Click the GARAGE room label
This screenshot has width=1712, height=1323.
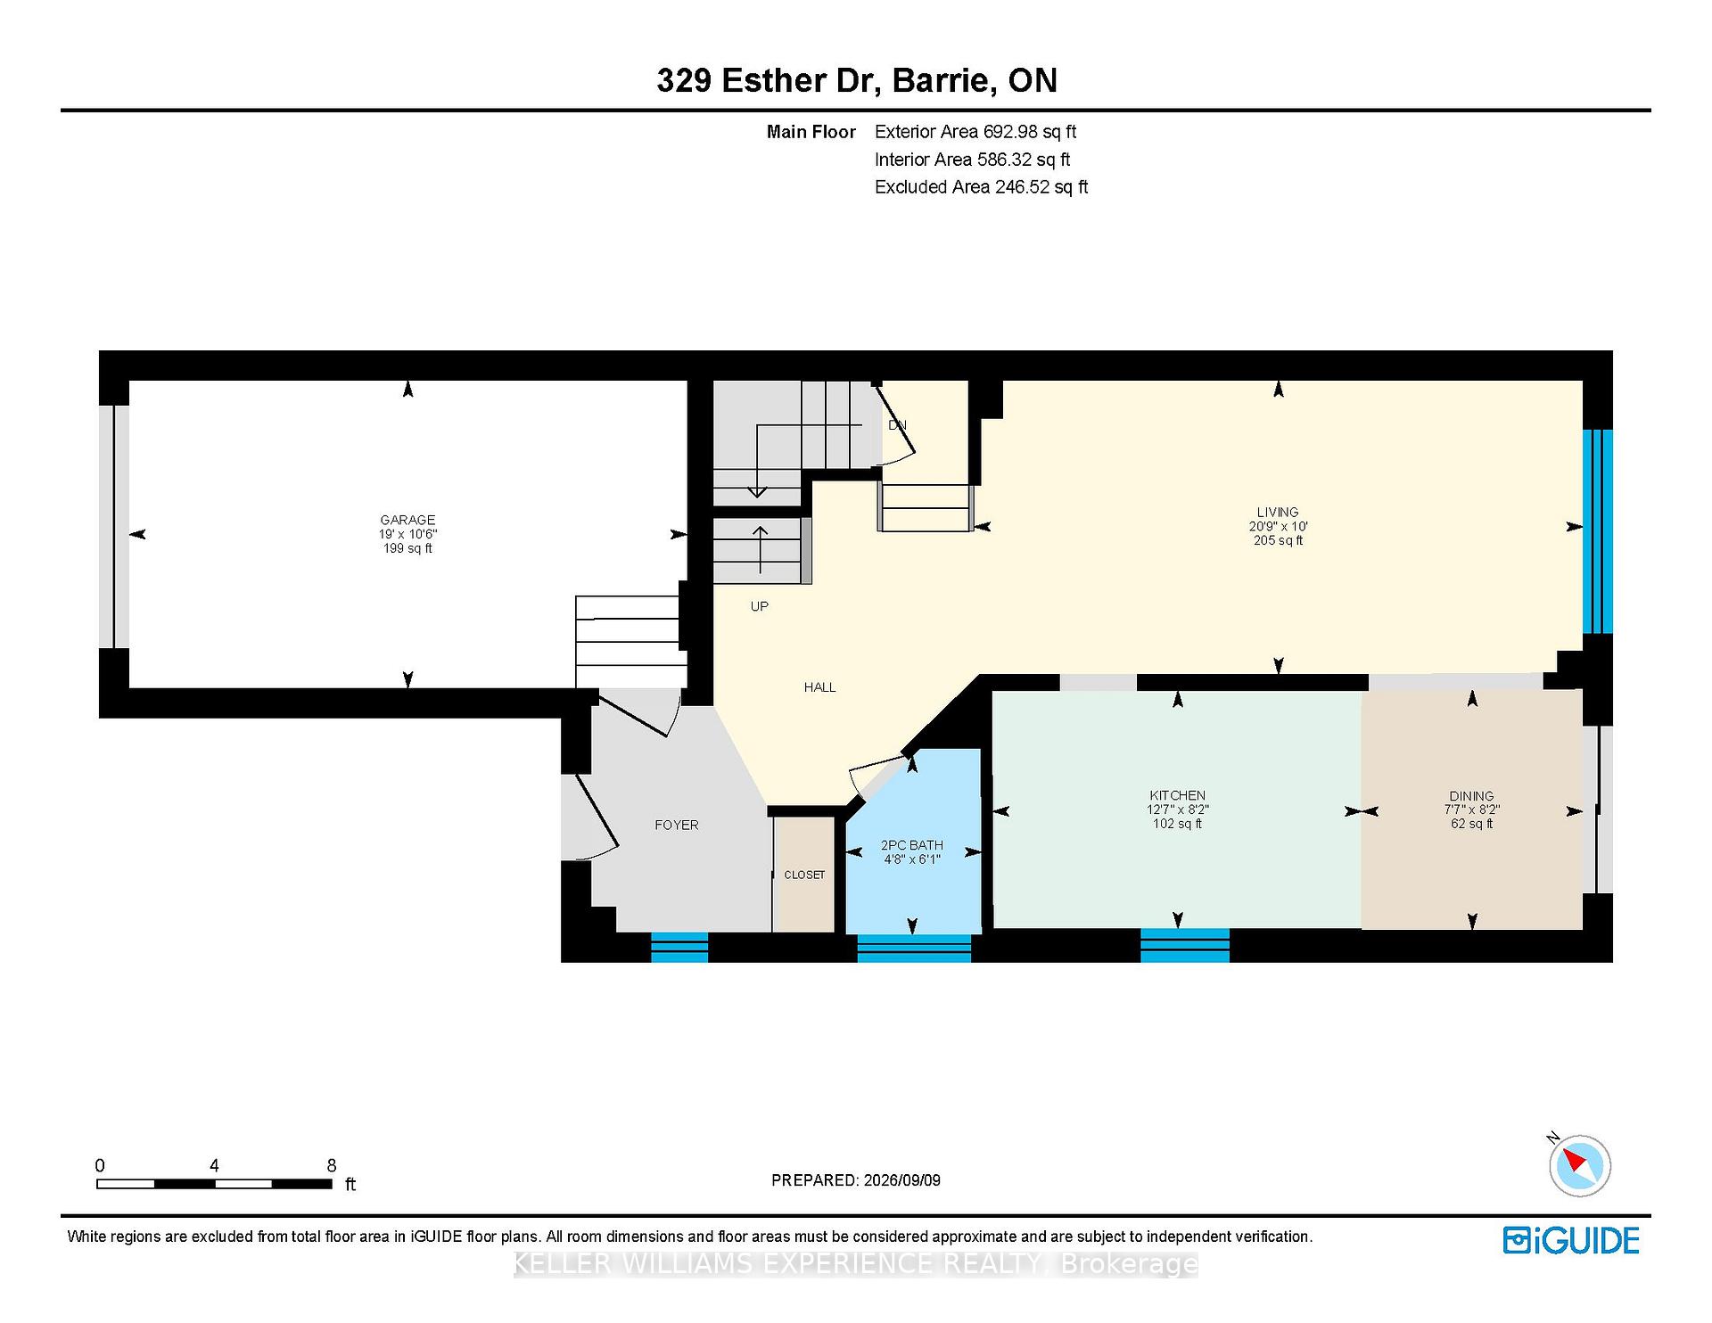(x=407, y=520)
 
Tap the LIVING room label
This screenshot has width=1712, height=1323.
(x=1278, y=512)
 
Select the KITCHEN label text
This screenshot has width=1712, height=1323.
(x=1177, y=795)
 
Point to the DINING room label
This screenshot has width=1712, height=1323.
(x=1471, y=796)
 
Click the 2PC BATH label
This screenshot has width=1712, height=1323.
(x=911, y=845)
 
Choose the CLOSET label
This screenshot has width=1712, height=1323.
(x=804, y=875)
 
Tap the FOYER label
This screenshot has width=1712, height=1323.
(x=677, y=825)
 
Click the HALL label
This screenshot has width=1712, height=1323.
(x=820, y=687)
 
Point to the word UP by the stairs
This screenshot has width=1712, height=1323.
(x=760, y=606)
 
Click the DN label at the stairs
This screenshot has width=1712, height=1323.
(x=897, y=425)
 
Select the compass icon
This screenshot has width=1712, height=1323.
(x=1580, y=1164)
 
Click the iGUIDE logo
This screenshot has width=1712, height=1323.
(x=1571, y=1240)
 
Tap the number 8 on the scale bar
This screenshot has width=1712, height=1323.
(x=332, y=1165)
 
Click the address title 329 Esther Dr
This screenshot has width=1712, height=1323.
(x=770, y=80)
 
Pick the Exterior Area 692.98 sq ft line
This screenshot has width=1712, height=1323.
(x=975, y=132)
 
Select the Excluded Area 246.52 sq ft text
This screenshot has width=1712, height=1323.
(x=982, y=187)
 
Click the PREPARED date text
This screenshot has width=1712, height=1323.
(x=856, y=1180)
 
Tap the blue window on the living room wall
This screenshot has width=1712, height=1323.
(x=1598, y=531)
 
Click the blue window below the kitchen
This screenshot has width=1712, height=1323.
(x=1185, y=945)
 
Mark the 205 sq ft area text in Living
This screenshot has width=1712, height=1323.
(x=1278, y=540)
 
